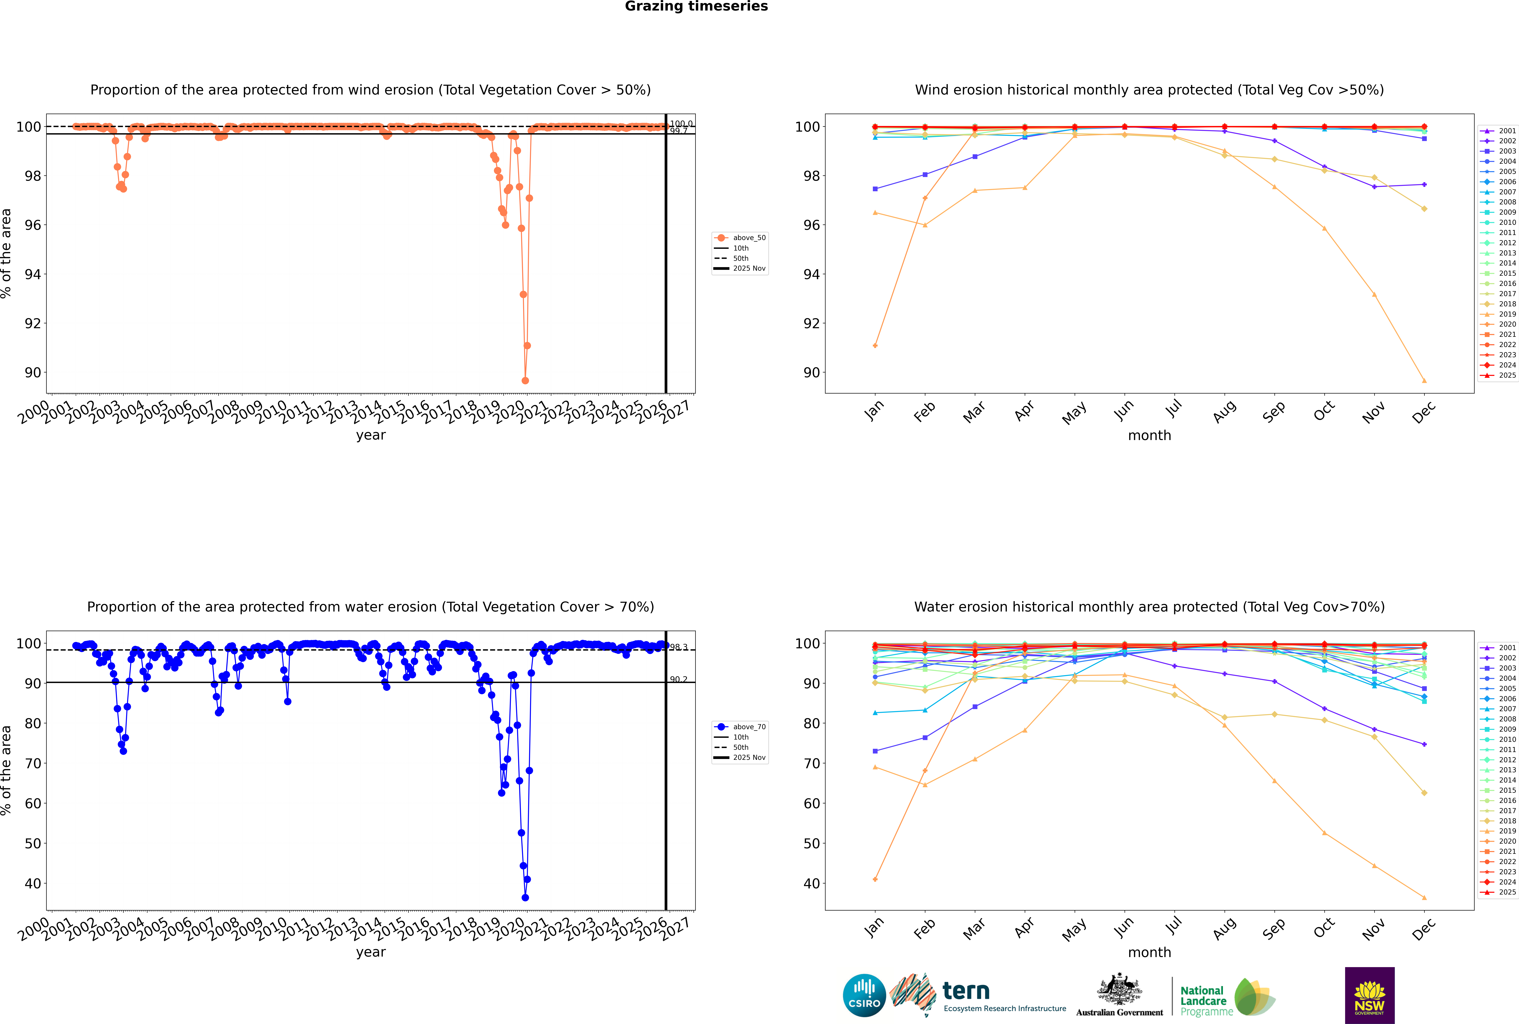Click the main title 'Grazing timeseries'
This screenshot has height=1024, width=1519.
click(696, 6)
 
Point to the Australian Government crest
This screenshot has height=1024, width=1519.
click(1119, 989)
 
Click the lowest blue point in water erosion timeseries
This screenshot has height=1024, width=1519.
click(525, 897)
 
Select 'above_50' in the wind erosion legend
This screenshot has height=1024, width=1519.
click(748, 238)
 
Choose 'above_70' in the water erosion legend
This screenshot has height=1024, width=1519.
click(748, 727)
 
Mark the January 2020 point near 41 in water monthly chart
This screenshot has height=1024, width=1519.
click(875, 879)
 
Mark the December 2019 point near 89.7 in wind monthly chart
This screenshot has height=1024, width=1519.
click(1424, 381)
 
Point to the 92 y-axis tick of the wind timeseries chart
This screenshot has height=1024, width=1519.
click(33, 323)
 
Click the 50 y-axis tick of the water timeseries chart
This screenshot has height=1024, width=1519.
click(33, 843)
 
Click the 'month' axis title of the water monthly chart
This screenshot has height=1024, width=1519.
click(1149, 952)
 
